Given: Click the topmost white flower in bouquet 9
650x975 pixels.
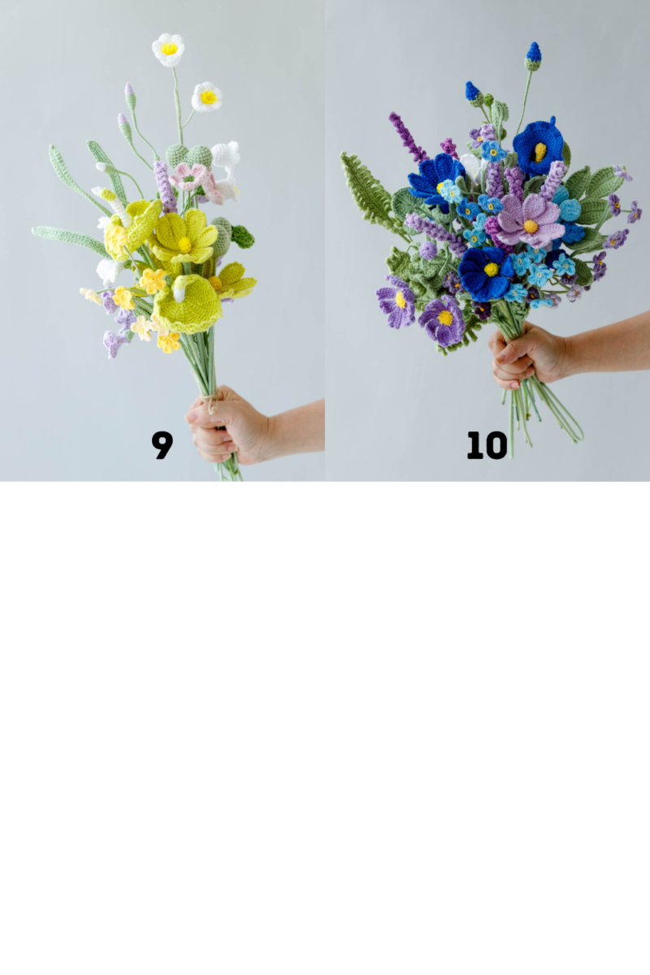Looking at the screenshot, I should (x=168, y=49).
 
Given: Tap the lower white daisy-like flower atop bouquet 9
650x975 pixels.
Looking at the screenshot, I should (x=207, y=97).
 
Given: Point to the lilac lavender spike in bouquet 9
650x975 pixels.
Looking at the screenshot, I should (x=165, y=186).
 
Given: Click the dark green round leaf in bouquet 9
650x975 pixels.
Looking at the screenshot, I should (x=242, y=237).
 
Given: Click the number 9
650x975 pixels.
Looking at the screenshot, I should (x=162, y=444).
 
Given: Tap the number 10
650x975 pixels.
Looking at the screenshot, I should (x=487, y=445).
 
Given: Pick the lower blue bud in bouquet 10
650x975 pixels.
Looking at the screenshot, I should (x=473, y=92).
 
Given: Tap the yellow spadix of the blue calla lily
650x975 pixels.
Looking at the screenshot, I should (x=540, y=152).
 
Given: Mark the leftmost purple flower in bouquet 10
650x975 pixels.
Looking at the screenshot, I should (x=396, y=301).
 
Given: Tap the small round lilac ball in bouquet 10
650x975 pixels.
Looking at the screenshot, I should (x=428, y=250).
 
